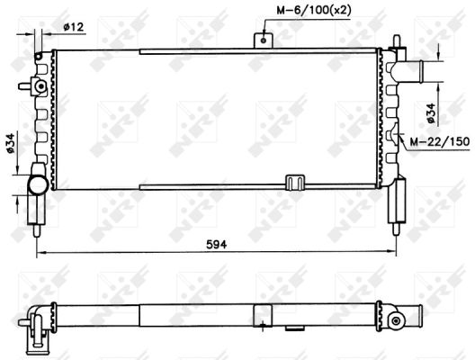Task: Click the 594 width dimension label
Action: click(216, 244)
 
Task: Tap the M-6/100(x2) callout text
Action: click(314, 11)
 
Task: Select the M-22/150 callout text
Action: click(440, 141)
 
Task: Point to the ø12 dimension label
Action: click(73, 27)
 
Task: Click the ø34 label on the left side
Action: click(10, 143)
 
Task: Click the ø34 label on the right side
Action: click(431, 113)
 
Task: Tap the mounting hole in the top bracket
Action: click(264, 40)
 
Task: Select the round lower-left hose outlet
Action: click(38, 184)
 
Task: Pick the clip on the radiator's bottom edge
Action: click(295, 183)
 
